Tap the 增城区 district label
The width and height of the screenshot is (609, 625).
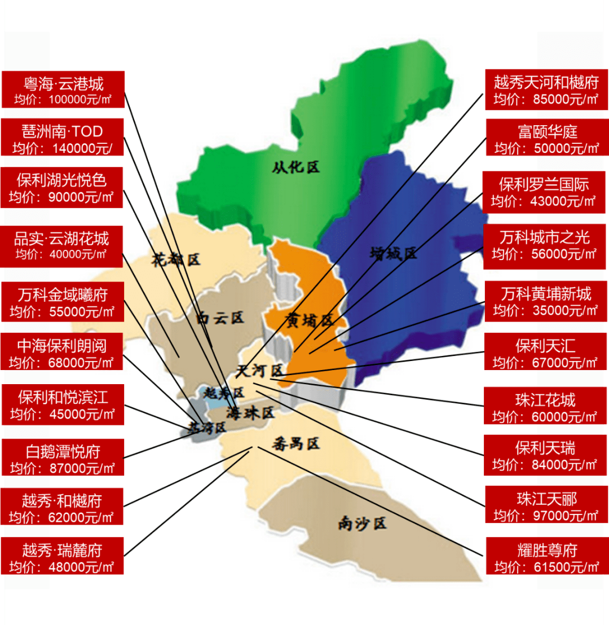(x=394, y=253)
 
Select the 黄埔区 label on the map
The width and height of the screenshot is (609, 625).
(x=310, y=320)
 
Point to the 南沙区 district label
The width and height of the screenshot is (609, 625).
(x=362, y=523)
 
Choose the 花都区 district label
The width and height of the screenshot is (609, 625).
(x=176, y=259)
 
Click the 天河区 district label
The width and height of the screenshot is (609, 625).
(x=259, y=371)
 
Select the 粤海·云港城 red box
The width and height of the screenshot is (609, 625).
(x=62, y=90)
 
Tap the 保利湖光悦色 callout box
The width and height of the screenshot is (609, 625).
(x=62, y=188)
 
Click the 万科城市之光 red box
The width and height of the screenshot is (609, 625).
(x=546, y=244)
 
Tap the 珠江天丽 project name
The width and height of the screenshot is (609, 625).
(x=546, y=499)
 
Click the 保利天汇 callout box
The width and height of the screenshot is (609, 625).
(x=546, y=352)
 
